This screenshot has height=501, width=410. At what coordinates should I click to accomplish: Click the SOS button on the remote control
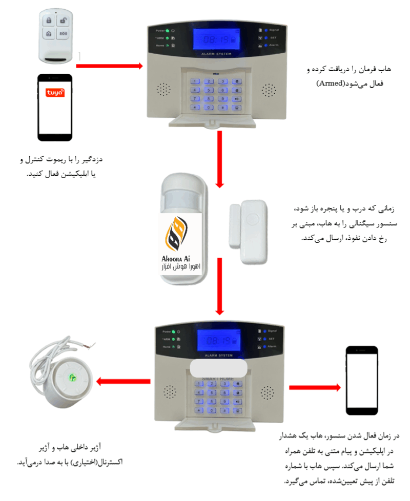pyautogui.click(x=63, y=33)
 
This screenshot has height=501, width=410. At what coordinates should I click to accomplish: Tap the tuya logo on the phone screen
pyautogui.click(x=55, y=93)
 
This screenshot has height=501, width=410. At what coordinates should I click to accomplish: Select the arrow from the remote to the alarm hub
pyautogui.click(x=110, y=66)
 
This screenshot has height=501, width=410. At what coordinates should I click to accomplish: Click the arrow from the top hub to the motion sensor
pyautogui.click(x=220, y=159)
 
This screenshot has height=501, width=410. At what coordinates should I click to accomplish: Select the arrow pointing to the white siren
pyautogui.click(x=123, y=381)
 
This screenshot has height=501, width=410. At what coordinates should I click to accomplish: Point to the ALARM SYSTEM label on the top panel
pyautogui.click(x=217, y=54)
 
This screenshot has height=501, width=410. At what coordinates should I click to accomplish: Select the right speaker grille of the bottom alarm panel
pyautogui.click(x=265, y=393)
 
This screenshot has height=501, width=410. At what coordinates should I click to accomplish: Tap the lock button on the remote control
pyautogui.click(x=48, y=20)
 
